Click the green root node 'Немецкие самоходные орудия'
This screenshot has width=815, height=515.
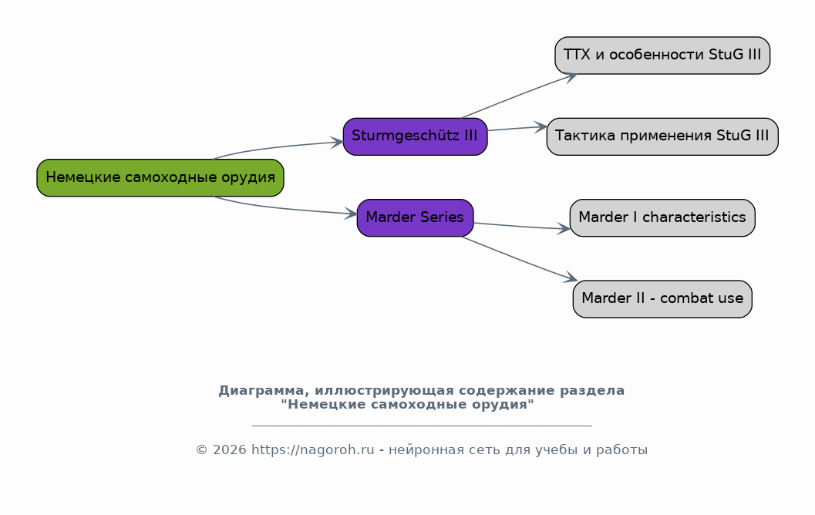pyautogui.click(x=160, y=178)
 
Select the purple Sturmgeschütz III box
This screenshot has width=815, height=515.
pyautogui.click(x=416, y=136)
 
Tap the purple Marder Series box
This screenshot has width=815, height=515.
pyautogui.click(x=416, y=217)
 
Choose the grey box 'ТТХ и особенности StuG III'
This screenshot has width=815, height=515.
pyautogui.click(x=662, y=56)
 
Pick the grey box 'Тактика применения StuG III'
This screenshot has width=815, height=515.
pyautogui.click(x=662, y=136)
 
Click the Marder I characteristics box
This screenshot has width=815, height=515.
pyautogui.click(x=662, y=217)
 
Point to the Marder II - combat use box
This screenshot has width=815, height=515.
pyautogui.click(x=662, y=299)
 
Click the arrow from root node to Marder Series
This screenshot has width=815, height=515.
pyautogui.click(x=283, y=208)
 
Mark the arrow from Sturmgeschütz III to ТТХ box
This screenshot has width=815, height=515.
pyautogui.click(x=520, y=95)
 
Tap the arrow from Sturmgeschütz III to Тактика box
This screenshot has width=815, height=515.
pyautogui.click(x=517, y=128)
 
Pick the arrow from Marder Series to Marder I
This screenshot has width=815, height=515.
pyautogui.click(x=522, y=226)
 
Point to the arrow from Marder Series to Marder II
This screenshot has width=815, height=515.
pyautogui.click(x=520, y=259)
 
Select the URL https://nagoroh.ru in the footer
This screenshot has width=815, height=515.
pyautogui.click(x=312, y=449)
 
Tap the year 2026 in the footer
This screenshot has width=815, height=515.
pyautogui.click(x=229, y=450)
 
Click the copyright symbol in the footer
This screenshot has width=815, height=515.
pyautogui.click(x=201, y=450)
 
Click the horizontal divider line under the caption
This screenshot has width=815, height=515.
pyautogui.click(x=422, y=426)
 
